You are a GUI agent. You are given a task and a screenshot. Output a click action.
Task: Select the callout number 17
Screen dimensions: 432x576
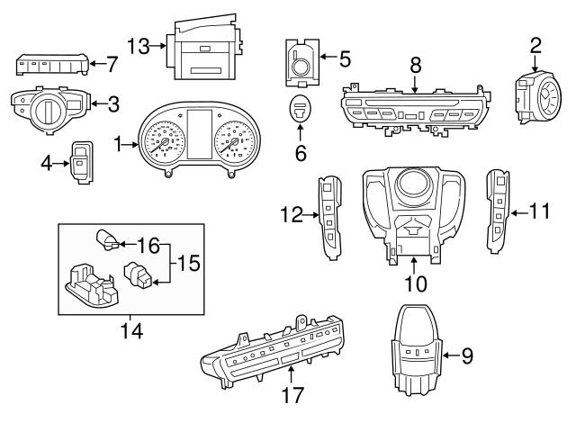point(293,394)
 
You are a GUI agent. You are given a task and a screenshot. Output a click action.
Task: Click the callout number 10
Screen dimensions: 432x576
point(415,284)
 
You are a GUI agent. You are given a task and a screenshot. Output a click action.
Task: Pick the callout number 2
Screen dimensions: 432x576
point(535,44)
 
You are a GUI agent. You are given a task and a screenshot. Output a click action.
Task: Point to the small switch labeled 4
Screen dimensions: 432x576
point(83,162)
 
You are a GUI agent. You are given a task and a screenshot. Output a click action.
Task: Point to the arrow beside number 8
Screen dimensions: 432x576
point(414,86)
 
